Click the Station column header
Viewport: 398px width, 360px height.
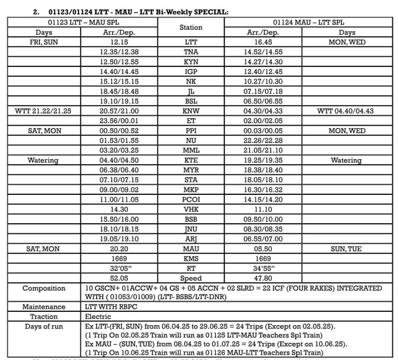click(x=191, y=27)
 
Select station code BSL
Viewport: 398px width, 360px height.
click(x=191, y=101)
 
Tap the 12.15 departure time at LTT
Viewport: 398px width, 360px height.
click(x=119, y=42)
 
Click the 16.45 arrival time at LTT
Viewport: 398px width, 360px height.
click(x=263, y=42)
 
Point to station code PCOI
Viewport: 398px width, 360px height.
click(x=191, y=199)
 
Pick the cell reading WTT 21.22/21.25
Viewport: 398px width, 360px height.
click(x=43, y=111)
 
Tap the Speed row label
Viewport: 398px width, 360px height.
click(x=191, y=278)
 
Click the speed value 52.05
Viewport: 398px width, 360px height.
click(x=119, y=278)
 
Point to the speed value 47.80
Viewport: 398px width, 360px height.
click(x=263, y=278)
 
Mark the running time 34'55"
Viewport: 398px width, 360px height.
click(x=263, y=268)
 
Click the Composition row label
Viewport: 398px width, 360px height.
click(x=44, y=288)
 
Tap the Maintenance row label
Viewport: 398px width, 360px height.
click(x=44, y=307)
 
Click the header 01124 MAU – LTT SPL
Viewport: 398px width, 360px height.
click(x=308, y=22)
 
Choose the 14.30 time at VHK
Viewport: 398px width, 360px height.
click(x=119, y=209)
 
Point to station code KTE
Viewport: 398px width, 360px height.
click(x=191, y=160)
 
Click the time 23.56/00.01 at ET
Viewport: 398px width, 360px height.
click(x=119, y=121)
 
